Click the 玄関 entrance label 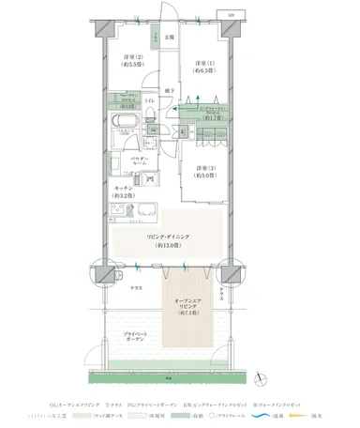point(170,38)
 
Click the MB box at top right point(232,15)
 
